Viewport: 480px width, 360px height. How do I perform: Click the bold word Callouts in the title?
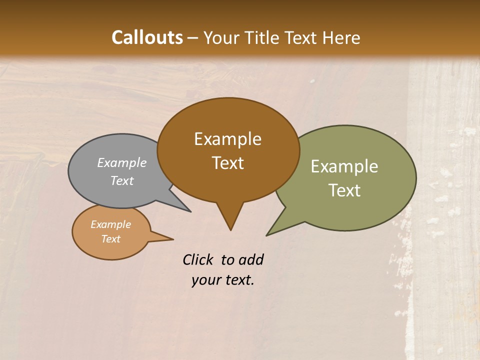(x=147, y=37)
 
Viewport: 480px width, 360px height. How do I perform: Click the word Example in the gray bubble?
(x=122, y=162)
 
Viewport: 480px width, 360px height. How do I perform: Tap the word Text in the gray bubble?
(x=122, y=180)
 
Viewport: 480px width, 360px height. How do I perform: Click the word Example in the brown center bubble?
(x=227, y=139)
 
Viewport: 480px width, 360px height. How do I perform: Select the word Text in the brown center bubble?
(x=228, y=163)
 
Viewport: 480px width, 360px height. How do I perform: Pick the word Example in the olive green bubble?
(x=344, y=166)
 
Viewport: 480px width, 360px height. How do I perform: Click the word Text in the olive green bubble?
(x=344, y=190)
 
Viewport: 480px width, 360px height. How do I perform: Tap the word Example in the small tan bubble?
(x=110, y=224)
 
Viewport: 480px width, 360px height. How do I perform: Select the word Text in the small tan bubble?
(x=110, y=239)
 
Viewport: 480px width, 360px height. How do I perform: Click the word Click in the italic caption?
(x=198, y=259)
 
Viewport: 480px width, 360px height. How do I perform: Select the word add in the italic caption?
(x=251, y=259)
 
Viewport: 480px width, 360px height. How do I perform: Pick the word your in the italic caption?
(x=206, y=280)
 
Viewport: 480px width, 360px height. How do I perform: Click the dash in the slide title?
(x=193, y=38)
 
